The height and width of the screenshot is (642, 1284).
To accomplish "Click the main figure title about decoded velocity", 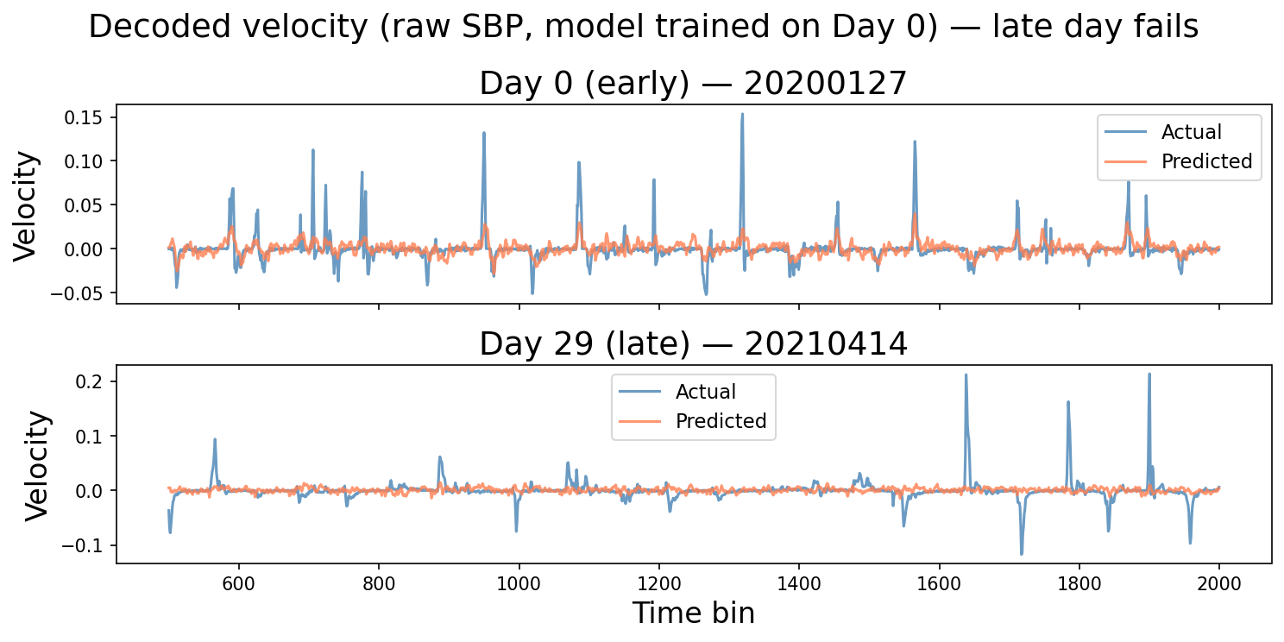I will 643,28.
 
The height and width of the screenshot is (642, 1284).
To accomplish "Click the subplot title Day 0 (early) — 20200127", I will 693,84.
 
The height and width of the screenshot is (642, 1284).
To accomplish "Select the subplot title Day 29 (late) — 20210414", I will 693,344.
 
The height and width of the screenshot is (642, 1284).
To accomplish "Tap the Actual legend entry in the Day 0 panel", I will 1191,132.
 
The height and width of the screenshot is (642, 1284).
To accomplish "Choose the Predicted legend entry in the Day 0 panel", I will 1206,161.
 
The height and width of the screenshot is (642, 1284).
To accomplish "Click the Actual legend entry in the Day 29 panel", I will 705,392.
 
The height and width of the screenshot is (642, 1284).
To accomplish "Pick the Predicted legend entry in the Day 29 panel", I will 721,421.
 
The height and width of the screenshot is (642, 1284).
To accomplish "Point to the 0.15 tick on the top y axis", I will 84,117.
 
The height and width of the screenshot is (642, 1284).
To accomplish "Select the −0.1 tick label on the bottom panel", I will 85,545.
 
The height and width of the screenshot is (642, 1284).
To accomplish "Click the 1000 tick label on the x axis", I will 519,583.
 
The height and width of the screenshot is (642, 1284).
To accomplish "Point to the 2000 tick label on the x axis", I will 1218,583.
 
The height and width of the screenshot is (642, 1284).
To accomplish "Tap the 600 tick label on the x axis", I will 239,583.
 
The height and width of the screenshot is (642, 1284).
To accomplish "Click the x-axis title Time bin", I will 693,613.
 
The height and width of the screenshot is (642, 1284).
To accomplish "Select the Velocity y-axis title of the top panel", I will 27,205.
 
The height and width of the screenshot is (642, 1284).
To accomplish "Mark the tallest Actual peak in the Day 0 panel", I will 741,114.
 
